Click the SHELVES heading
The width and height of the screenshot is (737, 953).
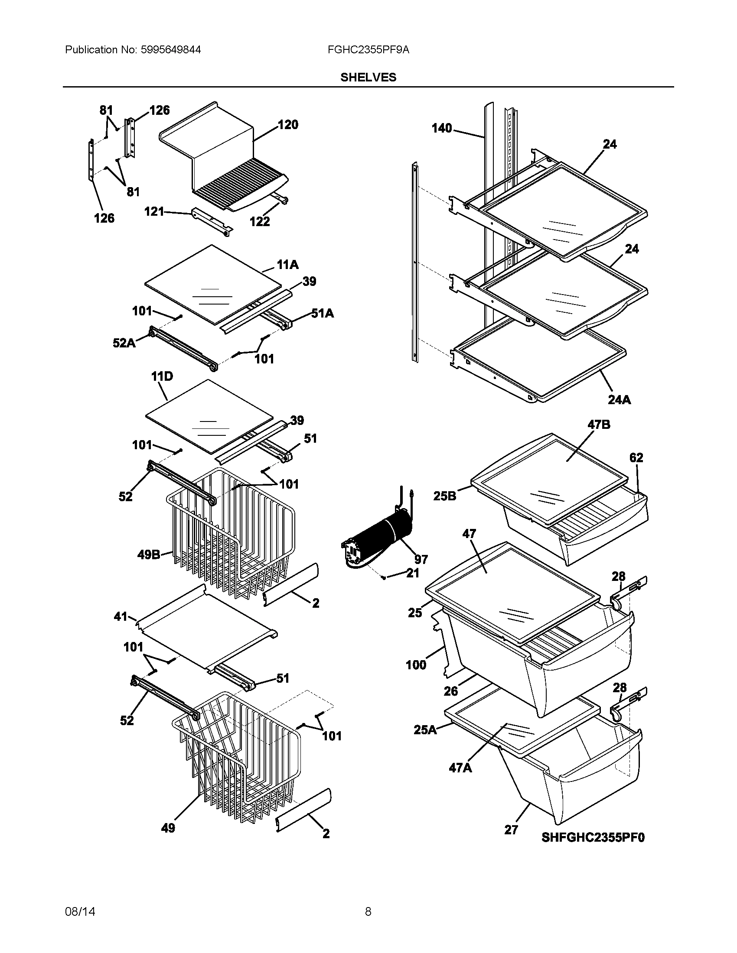[368, 78]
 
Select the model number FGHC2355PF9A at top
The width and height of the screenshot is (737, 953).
[368, 50]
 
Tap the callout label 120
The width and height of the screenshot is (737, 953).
[288, 125]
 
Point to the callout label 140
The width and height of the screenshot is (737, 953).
[442, 128]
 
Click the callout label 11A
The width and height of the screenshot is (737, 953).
[287, 264]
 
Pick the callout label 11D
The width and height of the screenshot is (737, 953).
[162, 376]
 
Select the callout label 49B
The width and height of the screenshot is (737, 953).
[149, 555]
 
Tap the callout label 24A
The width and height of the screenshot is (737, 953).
[619, 400]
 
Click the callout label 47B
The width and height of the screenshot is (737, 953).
[599, 425]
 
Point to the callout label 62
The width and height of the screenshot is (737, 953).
[636, 458]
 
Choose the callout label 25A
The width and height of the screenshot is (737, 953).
[425, 729]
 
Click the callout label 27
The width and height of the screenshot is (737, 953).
[511, 830]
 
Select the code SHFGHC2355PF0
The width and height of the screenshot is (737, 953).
[593, 837]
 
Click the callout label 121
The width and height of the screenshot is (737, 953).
[154, 212]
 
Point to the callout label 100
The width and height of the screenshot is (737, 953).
[416, 665]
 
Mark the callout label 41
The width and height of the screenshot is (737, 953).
[121, 616]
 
